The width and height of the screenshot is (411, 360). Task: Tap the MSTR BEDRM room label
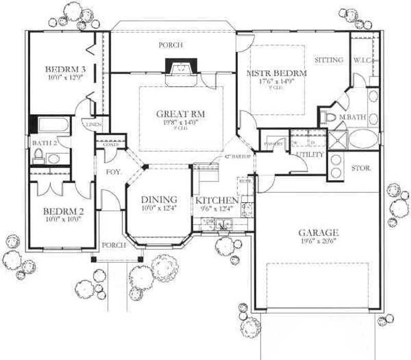pyautogui.click(x=276, y=74)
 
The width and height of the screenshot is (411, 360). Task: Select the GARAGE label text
pyautogui.click(x=320, y=232)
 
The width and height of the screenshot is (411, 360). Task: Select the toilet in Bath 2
pyautogui.click(x=38, y=155)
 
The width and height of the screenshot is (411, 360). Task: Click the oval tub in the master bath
pyautogui.click(x=364, y=139)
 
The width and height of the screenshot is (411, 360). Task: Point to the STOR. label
pyautogui.click(x=361, y=168)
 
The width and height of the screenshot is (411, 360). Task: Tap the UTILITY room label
pyautogui.click(x=310, y=154)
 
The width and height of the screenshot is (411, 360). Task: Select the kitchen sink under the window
pyautogui.click(x=222, y=224)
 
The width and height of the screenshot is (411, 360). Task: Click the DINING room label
pyautogui.click(x=159, y=200)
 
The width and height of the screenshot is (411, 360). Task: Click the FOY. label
pyautogui.click(x=113, y=172)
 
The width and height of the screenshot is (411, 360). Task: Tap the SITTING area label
pyautogui.click(x=329, y=60)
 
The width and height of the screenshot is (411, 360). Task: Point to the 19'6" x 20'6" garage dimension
pyautogui.click(x=320, y=241)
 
